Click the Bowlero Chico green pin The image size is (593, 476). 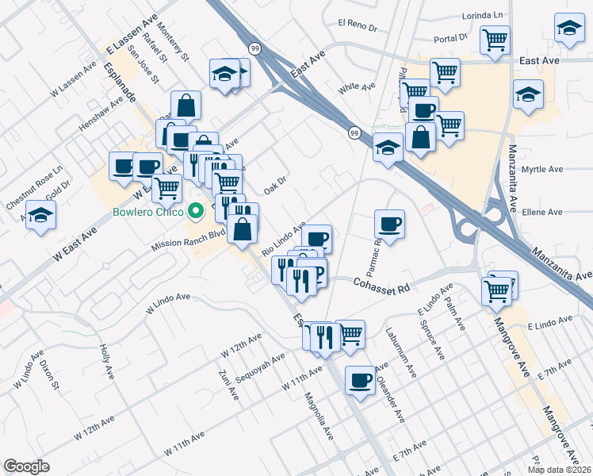(197, 212)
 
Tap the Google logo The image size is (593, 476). (26, 466)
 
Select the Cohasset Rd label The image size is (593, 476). (381, 282)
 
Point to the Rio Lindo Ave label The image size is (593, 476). (283, 239)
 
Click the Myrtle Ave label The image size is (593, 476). (543, 170)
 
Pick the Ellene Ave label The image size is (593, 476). (544, 213)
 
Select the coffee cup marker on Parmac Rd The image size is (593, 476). (388, 225)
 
